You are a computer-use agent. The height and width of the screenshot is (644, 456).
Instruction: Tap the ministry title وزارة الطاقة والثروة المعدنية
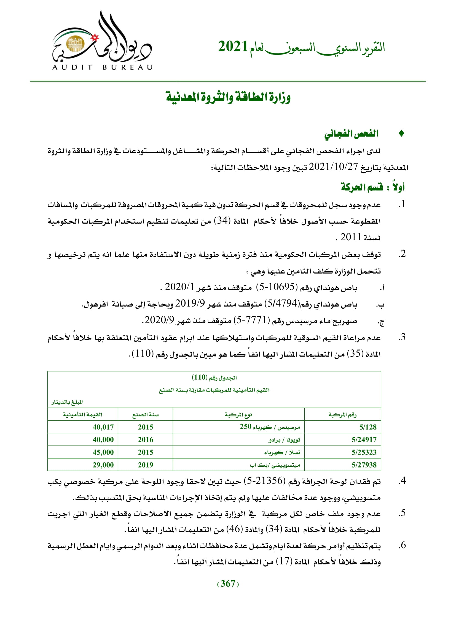pyautogui.click(x=228, y=97)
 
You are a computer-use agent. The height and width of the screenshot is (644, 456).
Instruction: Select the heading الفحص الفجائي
pyautogui.click(x=351, y=134)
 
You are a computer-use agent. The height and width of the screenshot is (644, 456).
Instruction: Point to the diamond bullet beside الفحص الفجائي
pyautogui.click(x=401, y=134)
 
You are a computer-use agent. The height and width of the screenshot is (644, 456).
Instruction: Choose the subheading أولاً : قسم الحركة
pyautogui.click(x=373, y=187)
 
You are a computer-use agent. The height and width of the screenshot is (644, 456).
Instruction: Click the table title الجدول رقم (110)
pyautogui.click(x=214, y=377)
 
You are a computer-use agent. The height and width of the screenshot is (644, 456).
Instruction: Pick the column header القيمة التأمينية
pyautogui.click(x=82, y=415)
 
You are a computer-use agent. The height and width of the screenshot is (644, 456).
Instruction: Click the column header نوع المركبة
pyautogui.click(x=238, y=415)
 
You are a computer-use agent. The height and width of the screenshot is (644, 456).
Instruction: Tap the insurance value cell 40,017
pyautogui.click(x=103, y=427)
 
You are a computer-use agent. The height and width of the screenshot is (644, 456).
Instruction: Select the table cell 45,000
pyautogui.click(x=103, y=452)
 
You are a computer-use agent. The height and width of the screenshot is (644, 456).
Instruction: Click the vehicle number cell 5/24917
pyautogui.click(x=364, y=439)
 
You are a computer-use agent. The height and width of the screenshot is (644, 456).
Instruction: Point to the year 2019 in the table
pyautogui.click(x=146, y=465)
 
